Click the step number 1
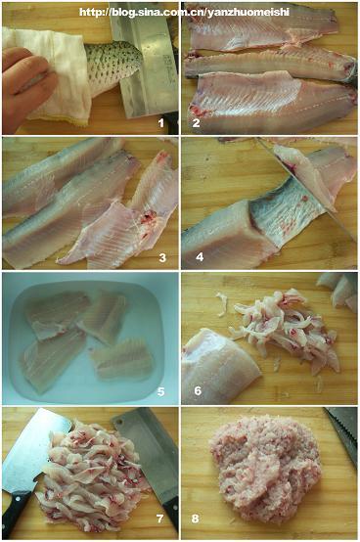(x=160, y=122)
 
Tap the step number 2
(x=196, y=122)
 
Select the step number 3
(x=162, y=257)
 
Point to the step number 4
(x=200, y=257)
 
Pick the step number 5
(x=161, y=391)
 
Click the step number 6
(x=198, y=391)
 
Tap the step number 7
(x=159, y=519)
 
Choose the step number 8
(x=196, y=519)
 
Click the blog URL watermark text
(x=184, y=13)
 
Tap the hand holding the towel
(x=25, y=86)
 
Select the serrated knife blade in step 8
(x=343, y=433)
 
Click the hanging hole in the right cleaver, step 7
(x=119, y=422)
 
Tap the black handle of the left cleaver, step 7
(x=16, y=515)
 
